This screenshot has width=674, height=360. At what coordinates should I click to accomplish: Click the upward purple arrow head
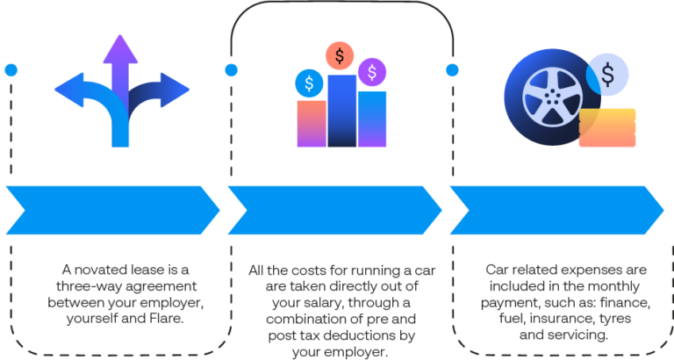coord(121,50)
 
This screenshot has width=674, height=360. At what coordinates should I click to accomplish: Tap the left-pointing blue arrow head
coord(67,89)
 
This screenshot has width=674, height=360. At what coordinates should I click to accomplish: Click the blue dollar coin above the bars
coord(309,84)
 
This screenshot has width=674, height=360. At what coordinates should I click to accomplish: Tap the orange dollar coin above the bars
coord(340,56)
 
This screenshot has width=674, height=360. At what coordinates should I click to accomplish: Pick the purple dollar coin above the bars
coord(373,72)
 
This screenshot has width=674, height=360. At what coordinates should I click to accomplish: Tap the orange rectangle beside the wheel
coord(607,127)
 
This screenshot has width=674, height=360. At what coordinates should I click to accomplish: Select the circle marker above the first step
coord(11,68)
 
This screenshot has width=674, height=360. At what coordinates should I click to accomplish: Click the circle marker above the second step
coord(230,68)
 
